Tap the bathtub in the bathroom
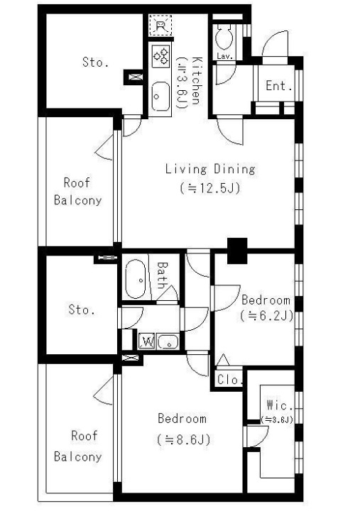coord(136,279)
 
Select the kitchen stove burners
coord(160,56)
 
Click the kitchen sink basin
coord(160,96)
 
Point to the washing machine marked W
coord(146,341)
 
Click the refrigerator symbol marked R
coord(160,26)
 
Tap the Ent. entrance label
coord(278,86)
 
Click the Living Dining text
coord(210,169)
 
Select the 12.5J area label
coord(210,188)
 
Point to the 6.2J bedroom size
coord(267,315)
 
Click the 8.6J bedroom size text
coord(184,440)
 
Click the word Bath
coord(162,275)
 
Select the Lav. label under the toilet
coord(225,56)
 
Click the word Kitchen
coord(197,80)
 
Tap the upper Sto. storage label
coord(95,62)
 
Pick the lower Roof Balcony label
coord(77,446)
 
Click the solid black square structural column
coord(237,251)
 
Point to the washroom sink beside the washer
coord(168,342)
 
